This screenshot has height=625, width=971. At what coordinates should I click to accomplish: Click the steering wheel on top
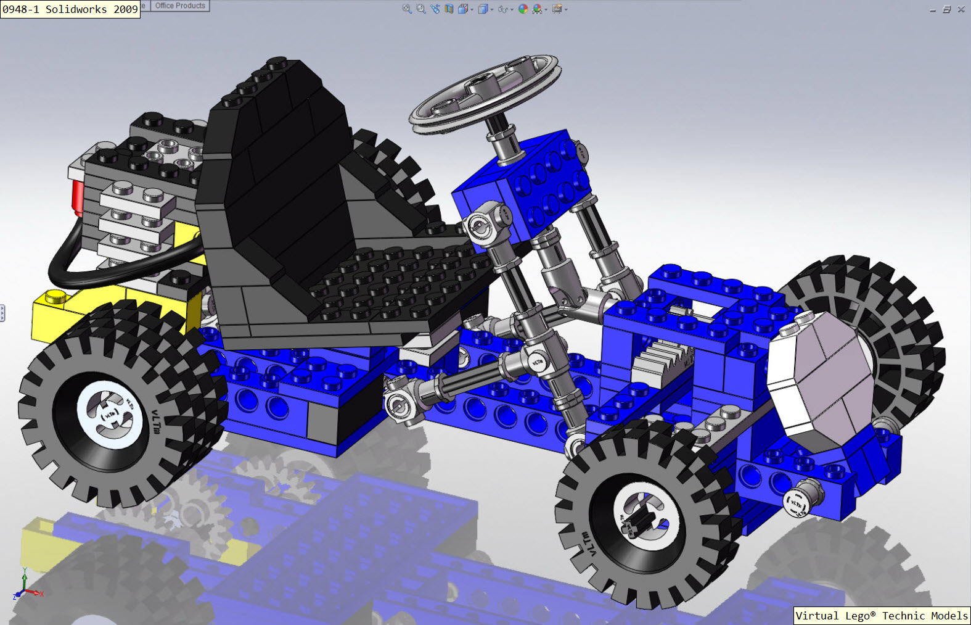pos(485,93)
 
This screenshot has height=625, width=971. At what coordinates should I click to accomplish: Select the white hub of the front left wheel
pos(644,521)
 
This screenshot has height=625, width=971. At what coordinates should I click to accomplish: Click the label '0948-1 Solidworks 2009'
pos(70,9)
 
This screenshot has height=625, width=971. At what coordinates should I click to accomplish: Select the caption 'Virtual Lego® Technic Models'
pos(881,615)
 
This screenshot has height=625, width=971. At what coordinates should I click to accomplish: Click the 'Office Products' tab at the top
pos(179,6)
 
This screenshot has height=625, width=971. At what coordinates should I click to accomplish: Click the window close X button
pos(961,9)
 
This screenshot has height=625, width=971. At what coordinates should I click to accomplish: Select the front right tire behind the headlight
pos(894,321)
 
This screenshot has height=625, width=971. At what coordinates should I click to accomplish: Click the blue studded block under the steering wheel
pos(530,185)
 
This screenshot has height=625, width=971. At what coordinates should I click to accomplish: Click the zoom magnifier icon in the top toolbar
pos(407,9)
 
